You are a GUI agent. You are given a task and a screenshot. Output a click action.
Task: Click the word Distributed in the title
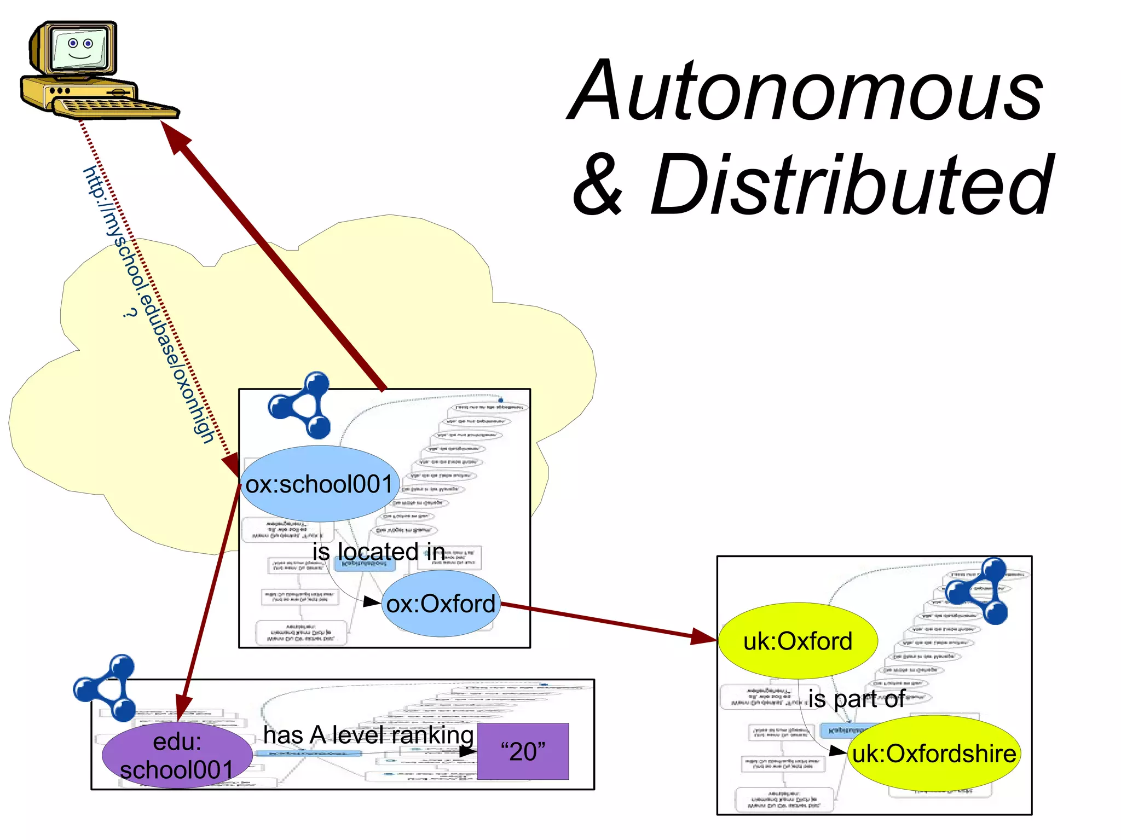(x=851, y=186)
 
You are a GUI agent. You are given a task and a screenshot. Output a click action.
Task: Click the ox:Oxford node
(x=441, y=604)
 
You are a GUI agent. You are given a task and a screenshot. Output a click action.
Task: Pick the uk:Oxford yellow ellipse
(x=798, y=641)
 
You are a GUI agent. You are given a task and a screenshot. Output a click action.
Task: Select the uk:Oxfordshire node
(x=934, y=754)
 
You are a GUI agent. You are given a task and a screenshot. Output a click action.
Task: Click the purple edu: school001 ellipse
(x=177, y=756)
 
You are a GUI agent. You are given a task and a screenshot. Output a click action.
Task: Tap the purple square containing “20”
(x=523, y=751)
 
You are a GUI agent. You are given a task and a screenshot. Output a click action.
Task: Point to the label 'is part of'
(x=857, y=699)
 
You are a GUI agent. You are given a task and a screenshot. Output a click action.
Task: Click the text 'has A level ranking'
(x=368, y=735)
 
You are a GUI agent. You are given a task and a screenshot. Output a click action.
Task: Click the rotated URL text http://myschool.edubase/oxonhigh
(x=149, y=304)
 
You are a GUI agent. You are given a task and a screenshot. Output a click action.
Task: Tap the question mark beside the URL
(x=129, y=313)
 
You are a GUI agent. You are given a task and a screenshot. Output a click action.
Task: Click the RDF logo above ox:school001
(x=301, y=405)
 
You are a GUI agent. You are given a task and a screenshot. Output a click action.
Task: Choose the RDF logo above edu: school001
(x=106, y=688)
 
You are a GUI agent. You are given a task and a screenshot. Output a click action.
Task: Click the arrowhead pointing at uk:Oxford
(x=703, y=636)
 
